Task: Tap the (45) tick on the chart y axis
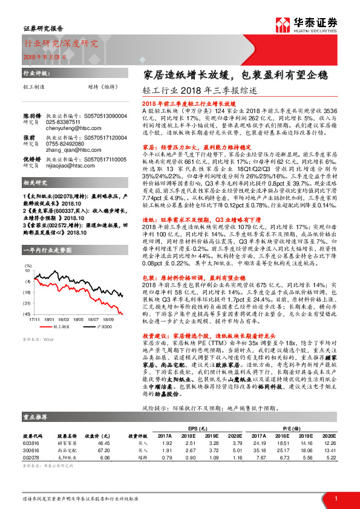(27, 314)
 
